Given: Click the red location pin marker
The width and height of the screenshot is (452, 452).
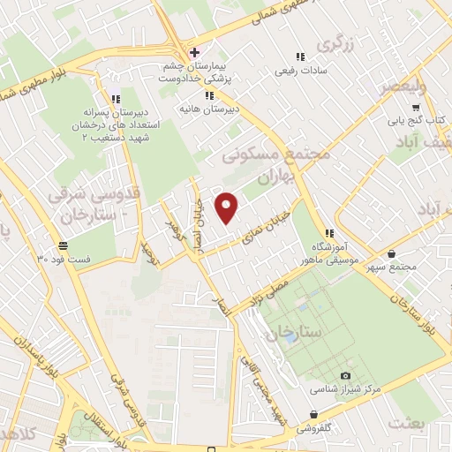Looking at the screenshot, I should (228, 207).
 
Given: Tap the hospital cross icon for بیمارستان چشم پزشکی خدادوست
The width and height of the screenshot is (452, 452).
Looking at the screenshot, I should (194, 52).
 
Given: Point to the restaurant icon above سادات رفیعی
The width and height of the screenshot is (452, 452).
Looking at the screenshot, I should (300, 56).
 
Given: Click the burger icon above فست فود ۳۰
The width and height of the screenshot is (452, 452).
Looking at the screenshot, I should (63, 245).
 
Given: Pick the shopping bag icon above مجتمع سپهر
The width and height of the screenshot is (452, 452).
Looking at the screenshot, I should (391, 250).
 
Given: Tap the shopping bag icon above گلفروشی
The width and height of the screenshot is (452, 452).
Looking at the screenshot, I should (313, 414).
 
